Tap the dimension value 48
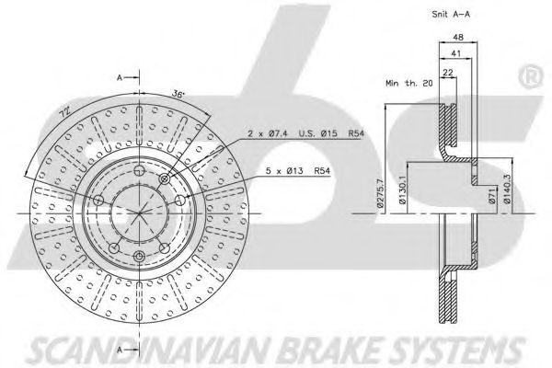click(x=457, y=40)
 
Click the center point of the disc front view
click(x=138, y=213)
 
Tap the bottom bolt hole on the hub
click(x=138, y=255)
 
